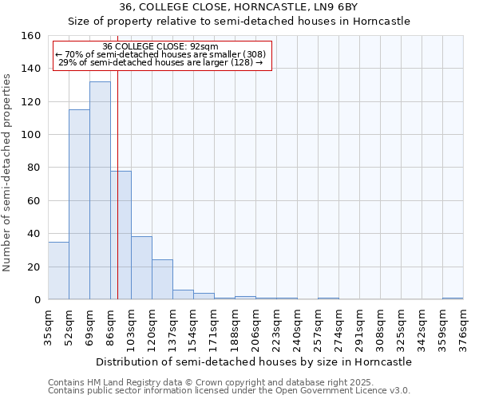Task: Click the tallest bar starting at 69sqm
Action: pos(100,192)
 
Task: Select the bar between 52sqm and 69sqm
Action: pos(79,204)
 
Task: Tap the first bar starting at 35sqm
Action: pos(58,271)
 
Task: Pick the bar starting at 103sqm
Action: pos(141,268)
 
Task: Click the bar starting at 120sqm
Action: pos(162,279)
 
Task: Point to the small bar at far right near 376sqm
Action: pos(453,298)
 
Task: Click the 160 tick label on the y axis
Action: pos(31,36)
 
